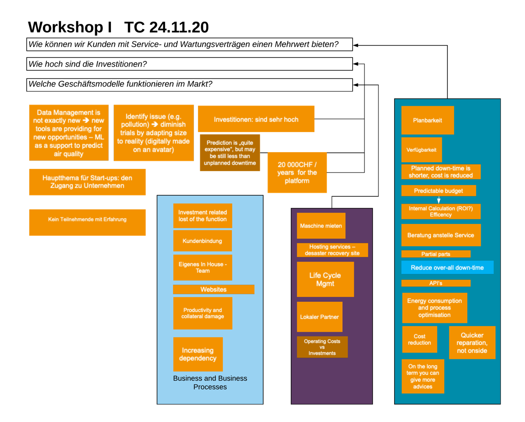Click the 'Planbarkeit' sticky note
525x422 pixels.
tap(427, 120)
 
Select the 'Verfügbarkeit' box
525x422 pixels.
tap(421, 150)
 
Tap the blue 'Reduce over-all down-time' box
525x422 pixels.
tap(447, 268)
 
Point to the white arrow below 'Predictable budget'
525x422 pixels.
tap(439, 200)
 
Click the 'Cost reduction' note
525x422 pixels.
tap(419, 340)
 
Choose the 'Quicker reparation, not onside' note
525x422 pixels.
tap(472, 343)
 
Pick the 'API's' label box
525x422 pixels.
tap(436, 283)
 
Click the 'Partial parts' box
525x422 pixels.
tap(436, 254)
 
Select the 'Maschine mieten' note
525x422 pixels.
tap(321, 226)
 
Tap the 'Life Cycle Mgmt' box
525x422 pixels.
tap(325, 279)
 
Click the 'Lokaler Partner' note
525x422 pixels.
tap(319, 317)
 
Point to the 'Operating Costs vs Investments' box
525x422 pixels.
tap(322, 347)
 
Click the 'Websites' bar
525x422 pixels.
tap(213, 289)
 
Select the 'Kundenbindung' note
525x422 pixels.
tap(202, 241)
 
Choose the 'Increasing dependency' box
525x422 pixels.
tap(198, 354)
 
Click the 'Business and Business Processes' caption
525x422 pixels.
tap(210, 382)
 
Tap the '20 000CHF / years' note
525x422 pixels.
tap(297, 172)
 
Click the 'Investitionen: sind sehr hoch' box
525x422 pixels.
tap(256, 119)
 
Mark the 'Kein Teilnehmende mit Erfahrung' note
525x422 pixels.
tap(87, 220)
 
